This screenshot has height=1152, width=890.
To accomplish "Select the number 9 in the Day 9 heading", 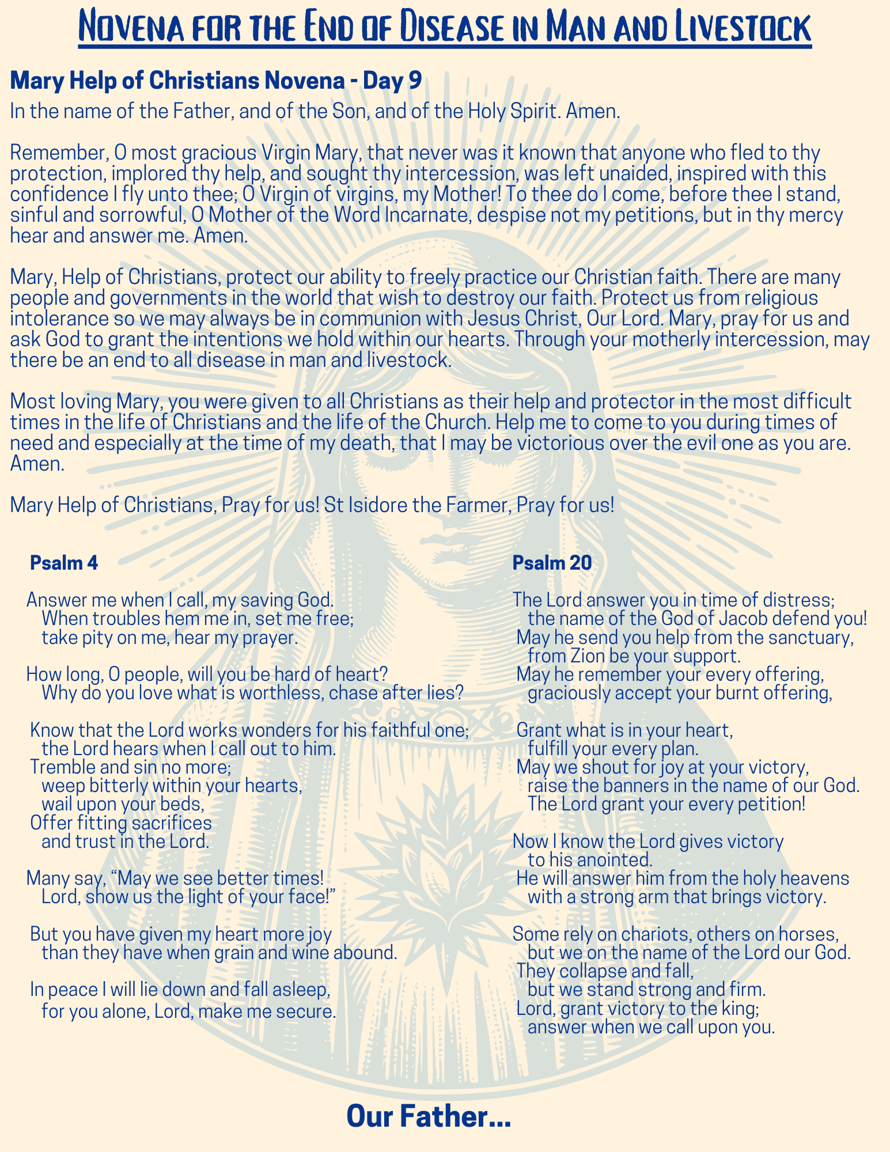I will pos(414,81).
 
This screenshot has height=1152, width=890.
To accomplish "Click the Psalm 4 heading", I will pos(64,563).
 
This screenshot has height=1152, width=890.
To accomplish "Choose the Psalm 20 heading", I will pos(552,563).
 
